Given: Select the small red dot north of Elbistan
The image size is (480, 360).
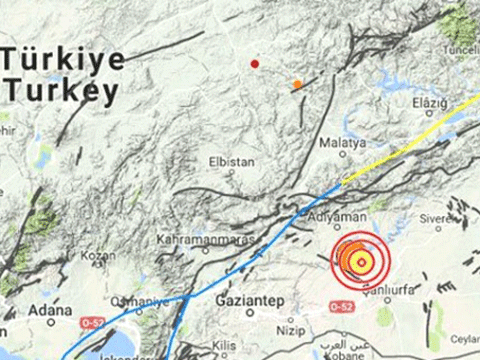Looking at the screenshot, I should click(255, 63).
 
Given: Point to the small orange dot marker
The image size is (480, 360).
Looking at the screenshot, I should click(297, 84).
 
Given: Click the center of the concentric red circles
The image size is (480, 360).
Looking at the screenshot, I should click(359, 259).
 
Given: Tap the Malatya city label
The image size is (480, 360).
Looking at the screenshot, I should click(344, 143).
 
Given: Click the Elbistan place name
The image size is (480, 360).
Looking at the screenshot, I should click(231, 161).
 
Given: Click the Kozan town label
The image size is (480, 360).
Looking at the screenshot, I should click(93, 255).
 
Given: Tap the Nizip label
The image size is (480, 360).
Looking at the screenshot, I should click(290, 326).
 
